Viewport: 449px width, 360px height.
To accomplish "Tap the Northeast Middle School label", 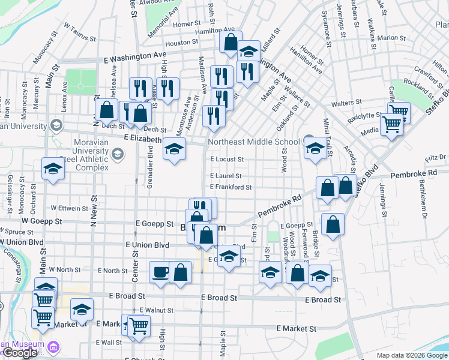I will (253, 142).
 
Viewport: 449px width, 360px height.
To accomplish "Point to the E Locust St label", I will (227, 160).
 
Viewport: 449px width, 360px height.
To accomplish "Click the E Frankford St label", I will (231, 187).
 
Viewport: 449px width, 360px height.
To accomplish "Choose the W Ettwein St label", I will (70, 208).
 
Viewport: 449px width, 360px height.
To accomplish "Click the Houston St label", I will (181, 43).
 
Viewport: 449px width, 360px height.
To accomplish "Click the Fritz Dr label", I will (435, 158).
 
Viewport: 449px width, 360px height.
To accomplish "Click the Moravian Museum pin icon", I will (54, 347).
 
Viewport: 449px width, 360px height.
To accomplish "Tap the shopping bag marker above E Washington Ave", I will (231, 43).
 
